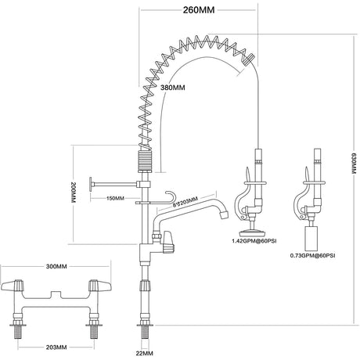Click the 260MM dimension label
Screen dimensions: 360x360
click(199, 10)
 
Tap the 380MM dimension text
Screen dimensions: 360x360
click(173, 88)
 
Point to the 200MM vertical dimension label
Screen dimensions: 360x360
click(74, 193)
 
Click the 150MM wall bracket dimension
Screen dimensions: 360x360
click(115, 198)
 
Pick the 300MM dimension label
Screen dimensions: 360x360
click(56, 266)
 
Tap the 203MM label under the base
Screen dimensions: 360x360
click(56, 347)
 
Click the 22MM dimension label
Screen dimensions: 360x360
click(144, 354)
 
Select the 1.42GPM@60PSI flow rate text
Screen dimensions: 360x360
click(254, 241)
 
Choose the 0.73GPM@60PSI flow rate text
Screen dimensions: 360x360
click(312, 256)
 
